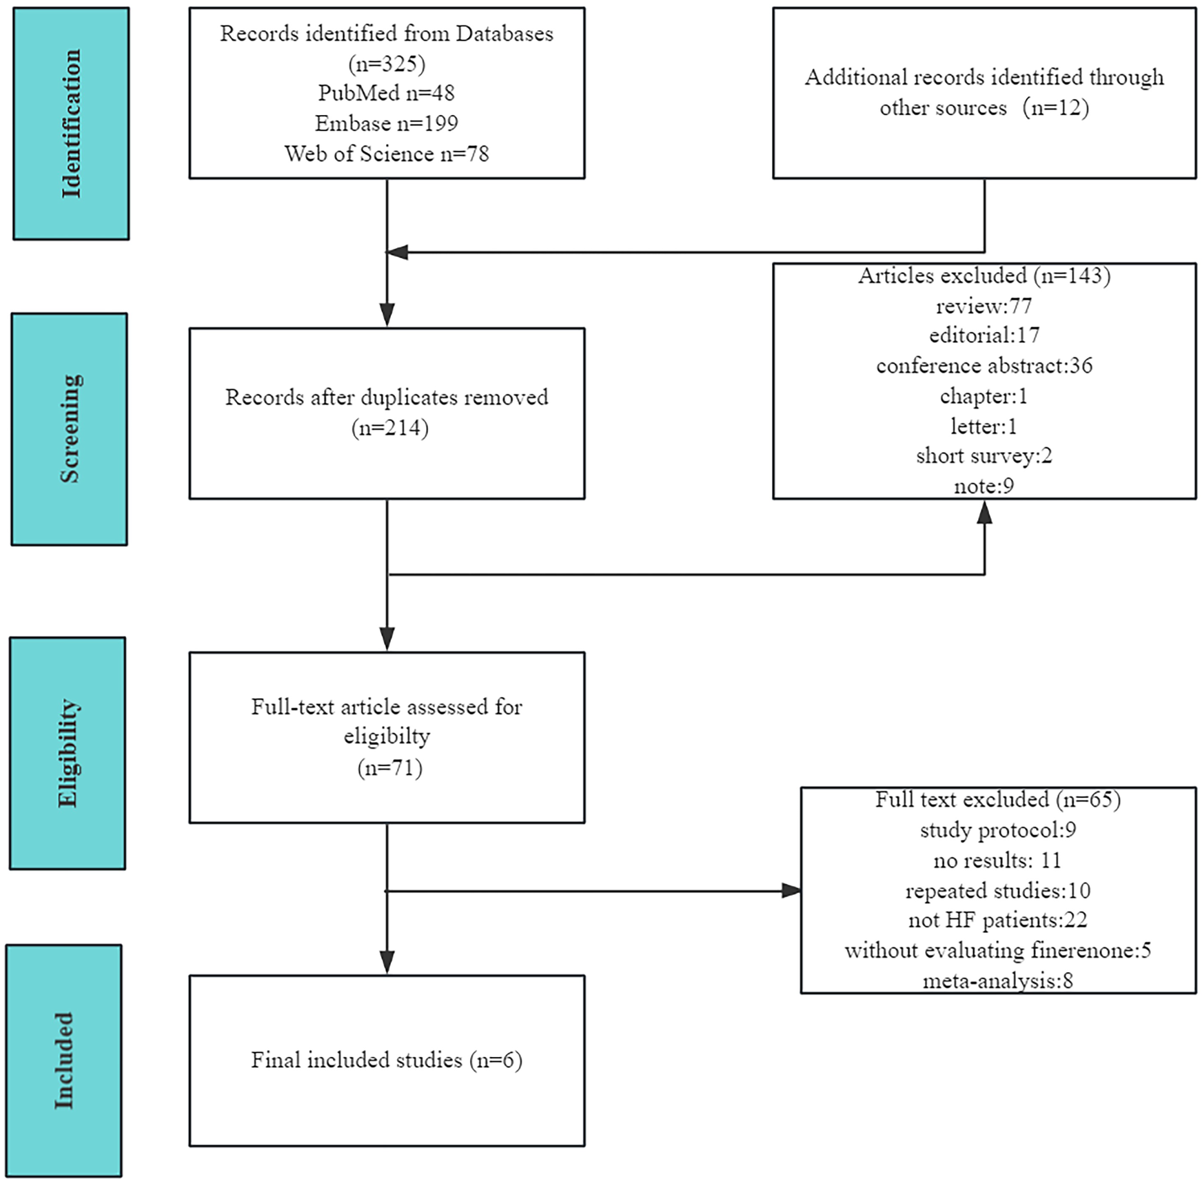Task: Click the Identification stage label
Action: (71, 124)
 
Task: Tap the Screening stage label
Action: (70, 429)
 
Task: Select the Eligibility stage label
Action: (68, 753)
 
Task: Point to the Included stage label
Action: (64, 1060)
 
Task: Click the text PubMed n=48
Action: (386, 93)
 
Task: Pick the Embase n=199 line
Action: (386, 123)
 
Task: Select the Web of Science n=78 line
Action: (386, 154)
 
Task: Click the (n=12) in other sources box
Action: (1055, 108)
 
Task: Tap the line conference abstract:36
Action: (984, 366)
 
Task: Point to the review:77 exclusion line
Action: (984, 305)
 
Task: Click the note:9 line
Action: (984, 486)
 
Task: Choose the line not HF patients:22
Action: (997, 920)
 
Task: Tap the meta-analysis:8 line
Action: (997, 980)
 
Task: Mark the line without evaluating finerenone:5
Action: (997, 951)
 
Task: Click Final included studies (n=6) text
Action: (386, 1060)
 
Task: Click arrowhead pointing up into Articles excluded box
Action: (984, 512)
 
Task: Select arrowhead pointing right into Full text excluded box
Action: (791, 891)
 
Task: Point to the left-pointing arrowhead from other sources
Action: (398, 252)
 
